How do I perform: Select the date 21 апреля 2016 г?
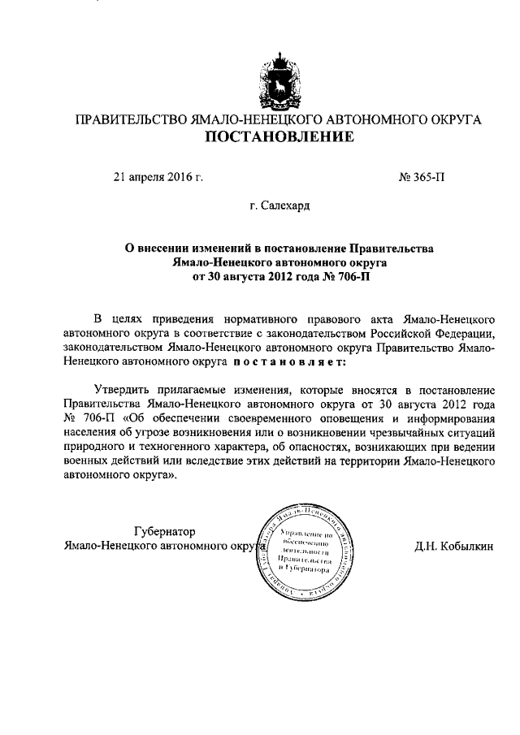158,175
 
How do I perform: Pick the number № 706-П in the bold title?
334,276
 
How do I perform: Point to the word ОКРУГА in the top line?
451,119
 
